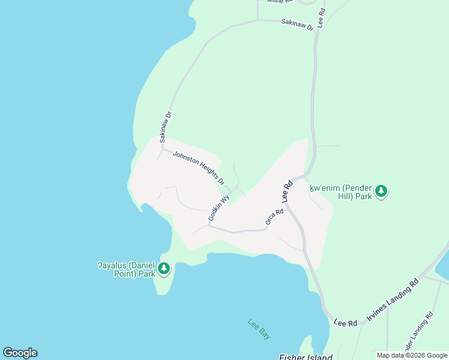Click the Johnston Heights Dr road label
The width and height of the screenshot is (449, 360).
click(198, 167)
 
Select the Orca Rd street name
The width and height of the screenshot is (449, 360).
click(274, 217)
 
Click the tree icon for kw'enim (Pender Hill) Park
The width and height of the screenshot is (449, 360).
click(381, 191)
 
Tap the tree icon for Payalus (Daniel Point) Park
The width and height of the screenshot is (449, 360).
click(163, 269)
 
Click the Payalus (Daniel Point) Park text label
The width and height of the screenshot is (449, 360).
click(127, 269)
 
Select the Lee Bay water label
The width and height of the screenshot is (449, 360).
click(259, 329)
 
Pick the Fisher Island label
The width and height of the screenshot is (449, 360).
click(305, 356)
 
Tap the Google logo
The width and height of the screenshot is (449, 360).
click(20, 353)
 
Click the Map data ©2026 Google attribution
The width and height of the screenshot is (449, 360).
click(412, 355)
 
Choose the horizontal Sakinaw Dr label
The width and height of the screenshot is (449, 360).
click(297, 25)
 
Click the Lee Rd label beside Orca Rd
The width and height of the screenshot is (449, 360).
click(287, 190)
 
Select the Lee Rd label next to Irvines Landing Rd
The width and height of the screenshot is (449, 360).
click(346, 323)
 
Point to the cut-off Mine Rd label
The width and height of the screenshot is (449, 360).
click(279, 2)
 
